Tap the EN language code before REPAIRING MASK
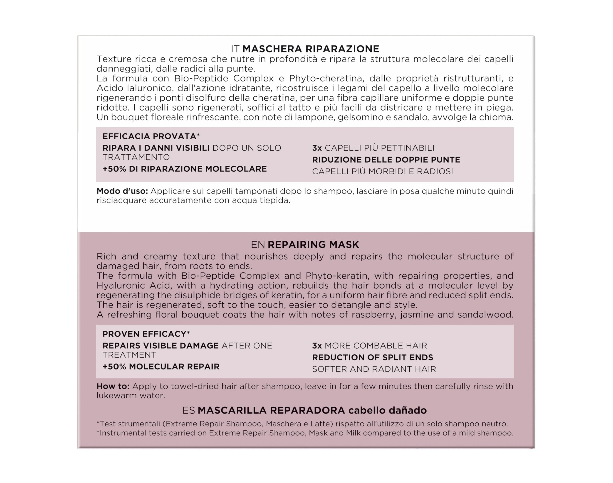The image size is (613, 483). click(x=258, y=244)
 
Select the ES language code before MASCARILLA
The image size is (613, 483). click(x=189, y=410)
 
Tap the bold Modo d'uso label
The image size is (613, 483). click(x=122, y=191)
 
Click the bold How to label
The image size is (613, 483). click(x=113, y=386)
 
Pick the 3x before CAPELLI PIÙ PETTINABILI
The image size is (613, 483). click(x=317, y=148)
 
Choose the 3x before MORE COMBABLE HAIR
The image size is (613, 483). click(x=317, y=346)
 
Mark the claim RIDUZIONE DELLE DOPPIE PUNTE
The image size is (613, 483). click(x=386, y=160)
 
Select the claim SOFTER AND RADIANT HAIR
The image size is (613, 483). click(x=374, y=369)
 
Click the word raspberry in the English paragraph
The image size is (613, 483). click(x=373, y=315)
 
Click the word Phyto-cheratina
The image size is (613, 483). click(x=326, y=78)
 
